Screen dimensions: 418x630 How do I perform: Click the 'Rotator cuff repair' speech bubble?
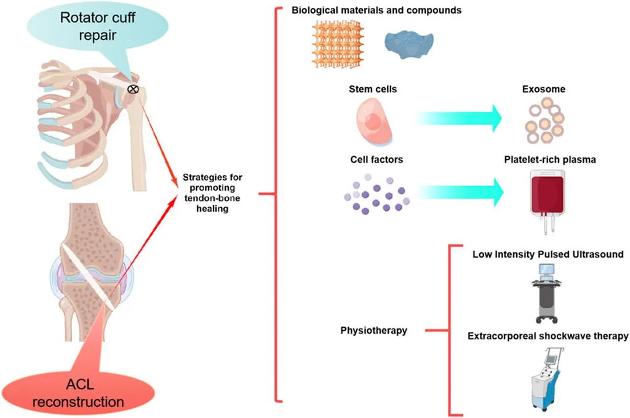[x=88, y=26]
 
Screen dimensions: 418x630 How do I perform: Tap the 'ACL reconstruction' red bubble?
[x=95, y=394]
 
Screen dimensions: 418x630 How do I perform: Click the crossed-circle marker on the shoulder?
[x=133, y=90]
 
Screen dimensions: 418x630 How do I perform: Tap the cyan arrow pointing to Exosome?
[x=459, y=117]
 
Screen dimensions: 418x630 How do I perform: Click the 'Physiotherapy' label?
[x=374, y=331]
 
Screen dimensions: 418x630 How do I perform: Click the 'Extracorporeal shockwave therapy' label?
[x=548, y=336]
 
